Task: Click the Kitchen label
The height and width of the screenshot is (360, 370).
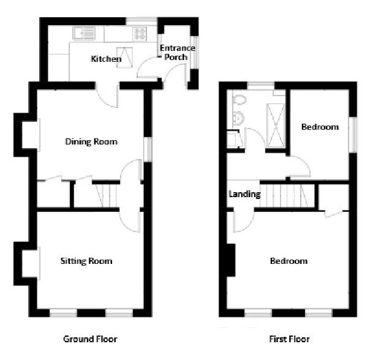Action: pos(106,59)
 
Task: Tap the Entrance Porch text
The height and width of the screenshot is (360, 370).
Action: pos(177,53)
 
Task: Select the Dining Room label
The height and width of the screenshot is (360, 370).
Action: pos(91,142)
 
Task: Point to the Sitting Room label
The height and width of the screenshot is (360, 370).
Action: pos(86,261)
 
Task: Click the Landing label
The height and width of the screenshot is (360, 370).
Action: pos(244,195)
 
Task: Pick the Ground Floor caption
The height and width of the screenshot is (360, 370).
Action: pos(90,339)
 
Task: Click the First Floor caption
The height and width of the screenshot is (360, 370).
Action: pos(289,339)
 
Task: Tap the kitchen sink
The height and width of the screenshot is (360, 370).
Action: pos(82,33)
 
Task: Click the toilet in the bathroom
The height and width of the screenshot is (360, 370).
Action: pos(239,100)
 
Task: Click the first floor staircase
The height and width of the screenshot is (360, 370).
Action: pos(285,195)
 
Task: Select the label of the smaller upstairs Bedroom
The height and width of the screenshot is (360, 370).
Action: pos(320,127)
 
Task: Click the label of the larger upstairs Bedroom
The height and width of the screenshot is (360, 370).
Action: pos(289,261)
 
